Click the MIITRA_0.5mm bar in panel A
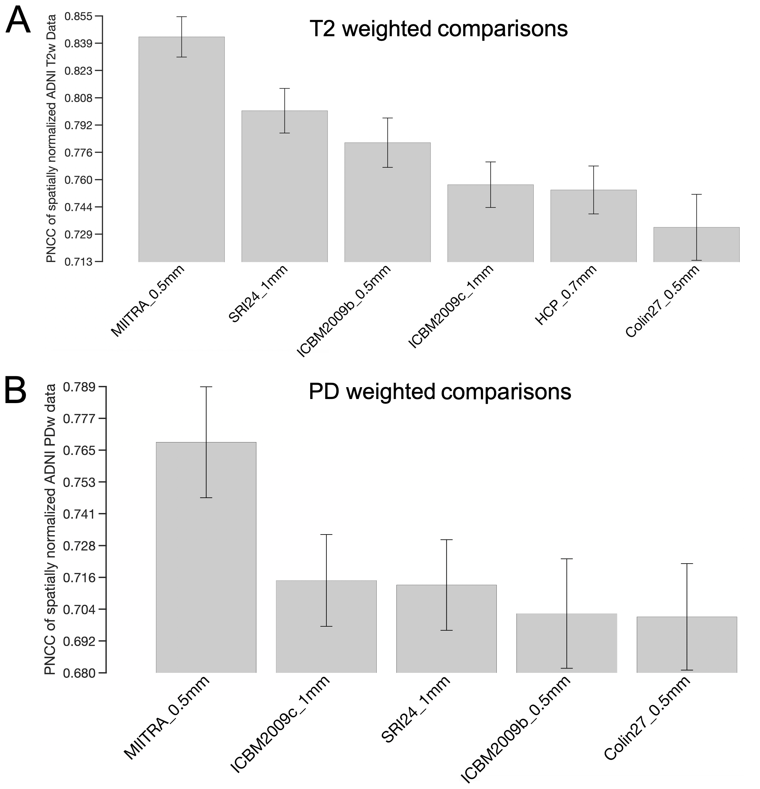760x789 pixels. [181, 149]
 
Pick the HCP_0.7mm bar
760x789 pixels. [593, 225]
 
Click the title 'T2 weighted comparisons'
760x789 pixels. [438, 29]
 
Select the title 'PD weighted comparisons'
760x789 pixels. [440, 391]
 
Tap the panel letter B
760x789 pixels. [15, 391]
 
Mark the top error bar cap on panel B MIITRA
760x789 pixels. [206, 387]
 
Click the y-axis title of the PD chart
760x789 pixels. [50, 529]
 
